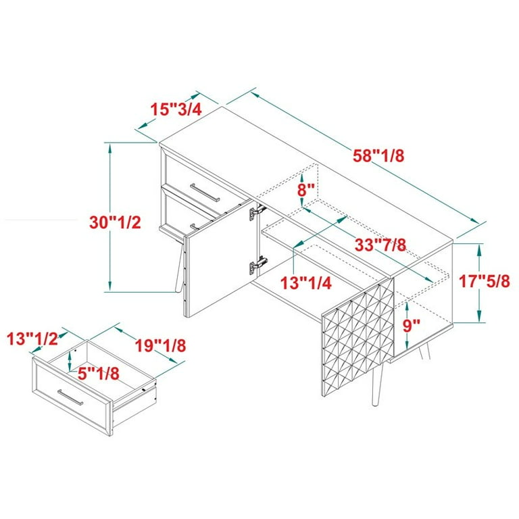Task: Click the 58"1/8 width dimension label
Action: [378, 155]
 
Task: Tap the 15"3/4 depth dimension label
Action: [176, 109]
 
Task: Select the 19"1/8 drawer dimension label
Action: [159, 345]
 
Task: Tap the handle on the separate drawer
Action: [70, 399]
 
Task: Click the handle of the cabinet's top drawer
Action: [205, 192]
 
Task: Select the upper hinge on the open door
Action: [255, 214]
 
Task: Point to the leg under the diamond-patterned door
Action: [374, 385]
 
